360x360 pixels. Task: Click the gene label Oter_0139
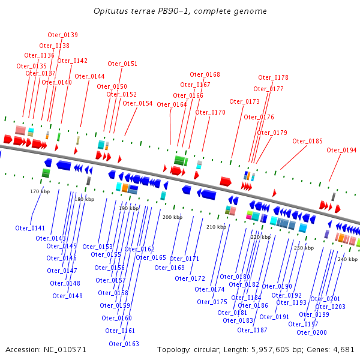(62, 35)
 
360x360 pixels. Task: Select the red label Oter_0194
(341, 150)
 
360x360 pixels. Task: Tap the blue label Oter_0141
(30, 228)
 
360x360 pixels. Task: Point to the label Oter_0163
(124, 344)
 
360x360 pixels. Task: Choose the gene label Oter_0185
(307, 141)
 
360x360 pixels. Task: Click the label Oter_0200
(311, 332)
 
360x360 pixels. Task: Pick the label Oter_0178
(273, 77)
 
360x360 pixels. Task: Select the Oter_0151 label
(122, 64)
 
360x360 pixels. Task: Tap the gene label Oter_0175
(212, 302)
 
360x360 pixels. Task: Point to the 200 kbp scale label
(172, 217)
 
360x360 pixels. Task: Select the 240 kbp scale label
(347, 259)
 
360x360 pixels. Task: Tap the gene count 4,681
(343, 349)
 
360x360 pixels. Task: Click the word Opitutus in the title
(111, 11)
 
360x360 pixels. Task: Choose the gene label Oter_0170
(210, 112)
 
